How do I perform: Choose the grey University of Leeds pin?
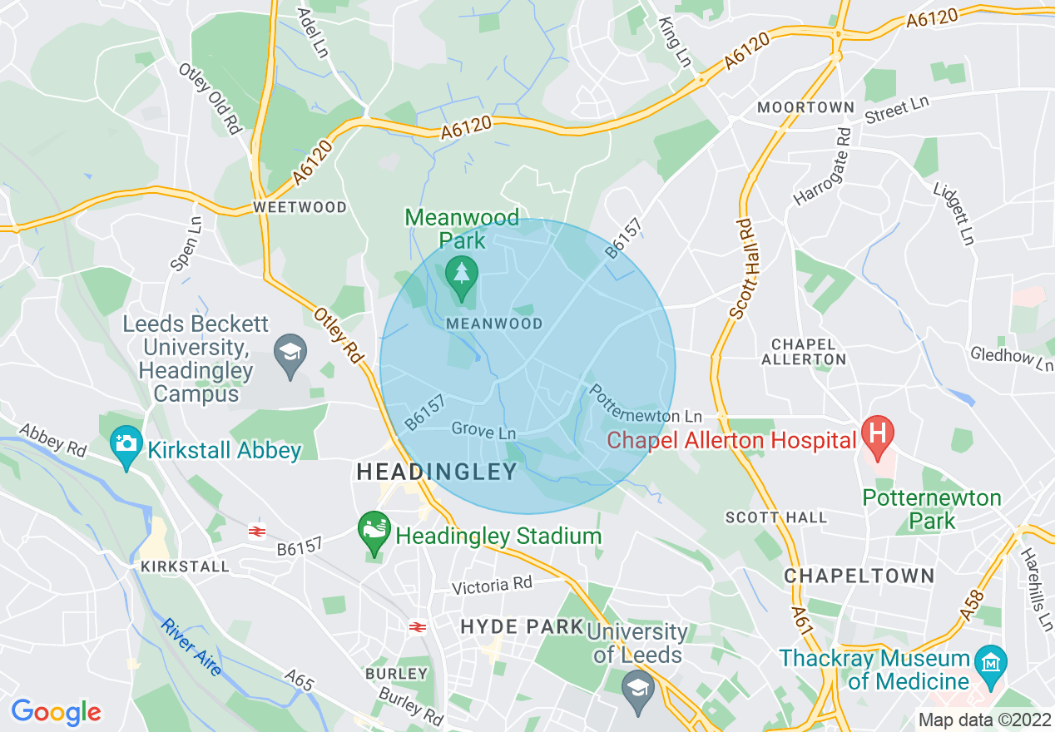point(638,690)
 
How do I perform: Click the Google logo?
point(56,711)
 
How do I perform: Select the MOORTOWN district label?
point(805,107)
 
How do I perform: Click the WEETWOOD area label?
point(300,207)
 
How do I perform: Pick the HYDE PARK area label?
point(521,626)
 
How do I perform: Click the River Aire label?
point(192,646)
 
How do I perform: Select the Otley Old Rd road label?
point(210,97)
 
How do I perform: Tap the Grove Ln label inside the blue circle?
point(483,432)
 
